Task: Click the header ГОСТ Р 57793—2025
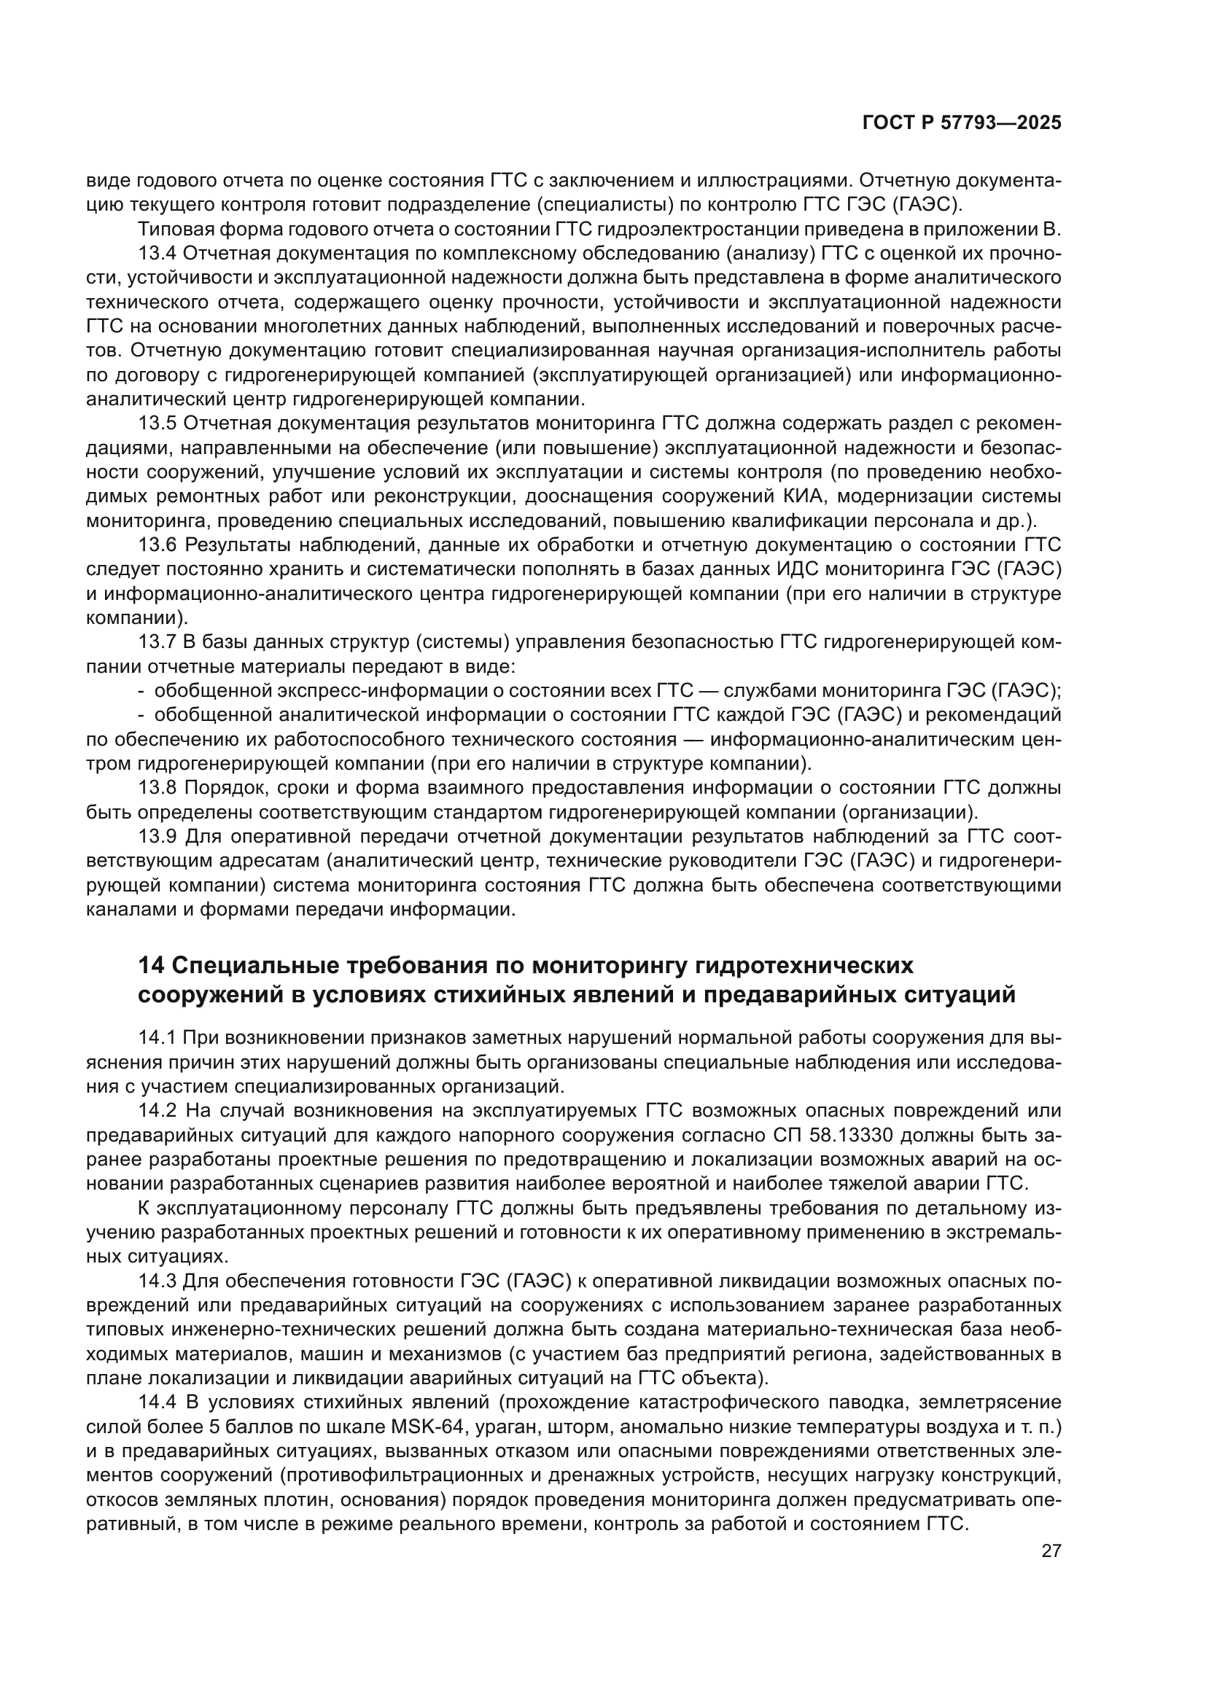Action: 962,123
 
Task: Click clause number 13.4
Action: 157,253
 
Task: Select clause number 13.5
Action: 157,424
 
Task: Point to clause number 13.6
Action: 157,545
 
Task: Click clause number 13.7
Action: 157,641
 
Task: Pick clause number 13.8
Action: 157,787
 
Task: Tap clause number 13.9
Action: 157,836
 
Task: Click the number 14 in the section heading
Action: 151,965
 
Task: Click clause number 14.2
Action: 157,1111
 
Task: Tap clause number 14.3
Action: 157,1281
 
